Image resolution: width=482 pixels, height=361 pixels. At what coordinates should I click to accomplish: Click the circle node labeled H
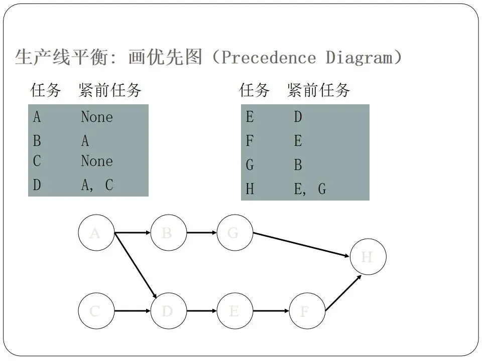(x=368, y=257)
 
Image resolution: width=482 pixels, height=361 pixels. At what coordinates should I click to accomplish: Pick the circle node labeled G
(x=234, y=233)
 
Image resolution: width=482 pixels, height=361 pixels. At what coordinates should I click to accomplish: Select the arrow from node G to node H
(x=301, y=245)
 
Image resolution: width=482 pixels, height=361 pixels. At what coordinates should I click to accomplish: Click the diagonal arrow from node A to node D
(x=135, y=266)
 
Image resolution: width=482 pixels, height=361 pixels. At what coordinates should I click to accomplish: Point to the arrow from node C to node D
(x=133, y=311)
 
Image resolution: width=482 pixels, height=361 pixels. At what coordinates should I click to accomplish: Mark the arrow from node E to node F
(x=271, y=311)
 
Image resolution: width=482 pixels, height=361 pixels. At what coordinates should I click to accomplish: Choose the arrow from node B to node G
(x=201, y=233)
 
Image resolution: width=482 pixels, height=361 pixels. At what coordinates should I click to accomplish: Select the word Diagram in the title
(x=359, y=58)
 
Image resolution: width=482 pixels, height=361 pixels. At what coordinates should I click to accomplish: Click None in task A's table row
(x=97, y=117)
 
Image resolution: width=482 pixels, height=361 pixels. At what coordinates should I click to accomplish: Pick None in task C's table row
(x=97, y=161)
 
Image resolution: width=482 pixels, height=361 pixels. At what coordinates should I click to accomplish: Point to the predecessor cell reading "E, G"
(x=310, y=189)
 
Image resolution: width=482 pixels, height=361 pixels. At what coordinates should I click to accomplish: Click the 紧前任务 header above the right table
(x=318, y=91)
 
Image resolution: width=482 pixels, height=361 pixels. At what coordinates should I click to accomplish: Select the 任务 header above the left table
(x=46, y=91)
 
